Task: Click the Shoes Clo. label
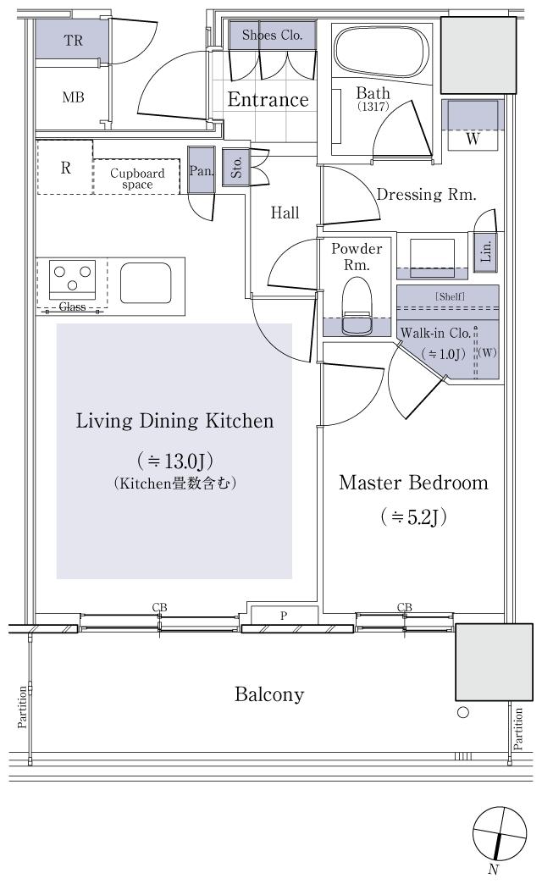click(273, 36)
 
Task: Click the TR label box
click(73, 40)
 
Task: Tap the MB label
click(73, 97)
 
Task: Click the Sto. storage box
click(233, 167)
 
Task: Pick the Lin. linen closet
click(485, 253)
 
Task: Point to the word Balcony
click(269, 695)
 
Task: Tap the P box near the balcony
click(284, 616)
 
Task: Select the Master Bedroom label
click(413, 483)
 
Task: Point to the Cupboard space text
click(136, 179)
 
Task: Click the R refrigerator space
click(65, 167)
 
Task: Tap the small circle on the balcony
click(462, 712)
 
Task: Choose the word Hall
click(285, 213)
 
